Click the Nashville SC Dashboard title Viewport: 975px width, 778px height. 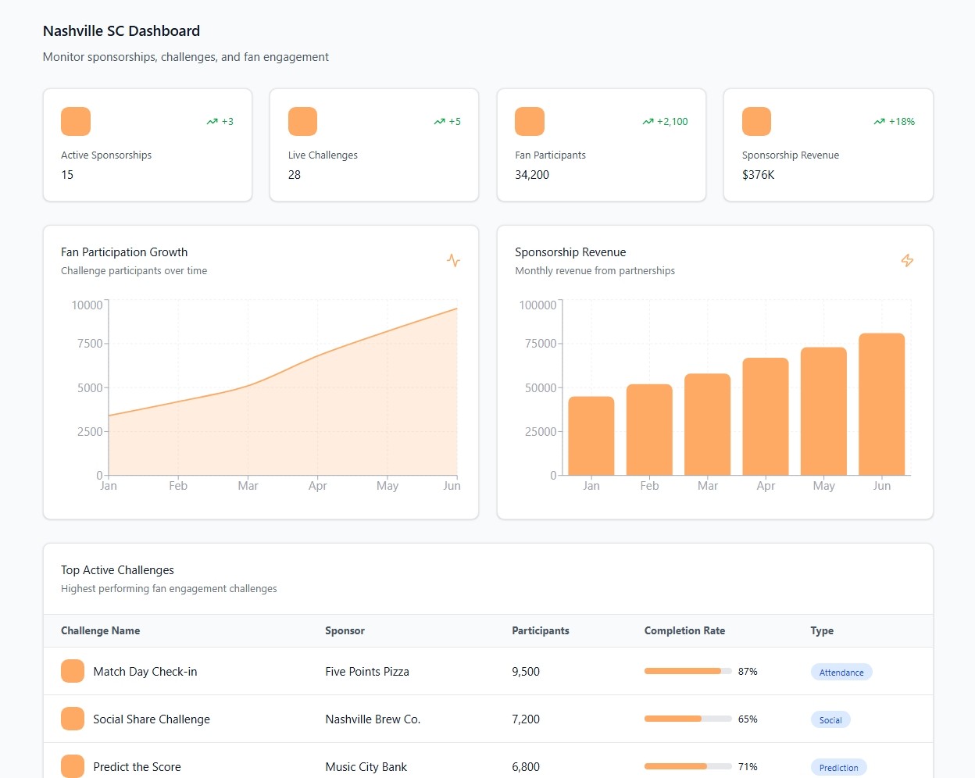coord(121,31)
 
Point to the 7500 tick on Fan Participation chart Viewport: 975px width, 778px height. coord(90,344)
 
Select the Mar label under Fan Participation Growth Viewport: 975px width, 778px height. coord(248,486)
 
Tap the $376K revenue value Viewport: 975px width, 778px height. coord(759,175)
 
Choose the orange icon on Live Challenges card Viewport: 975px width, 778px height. coord(302,122)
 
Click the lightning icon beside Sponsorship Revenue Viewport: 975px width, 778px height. coord(907,260)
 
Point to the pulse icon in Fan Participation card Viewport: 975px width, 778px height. coord(453,260)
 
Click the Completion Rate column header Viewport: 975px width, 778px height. coord(684,631)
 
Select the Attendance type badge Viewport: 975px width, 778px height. coord(841,673)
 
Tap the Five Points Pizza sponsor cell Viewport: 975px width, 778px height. coord(367,672)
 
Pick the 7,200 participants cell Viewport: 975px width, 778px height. coord(526,719)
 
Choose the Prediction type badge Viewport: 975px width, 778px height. coord(838,768)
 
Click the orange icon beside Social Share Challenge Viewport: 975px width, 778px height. coord(73,719)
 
